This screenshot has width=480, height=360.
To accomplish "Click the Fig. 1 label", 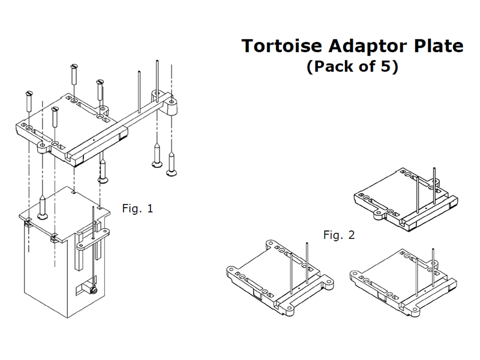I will [137, 209].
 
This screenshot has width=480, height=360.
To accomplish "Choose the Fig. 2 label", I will [339, 235].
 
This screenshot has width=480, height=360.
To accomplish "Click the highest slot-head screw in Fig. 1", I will [73, 74].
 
